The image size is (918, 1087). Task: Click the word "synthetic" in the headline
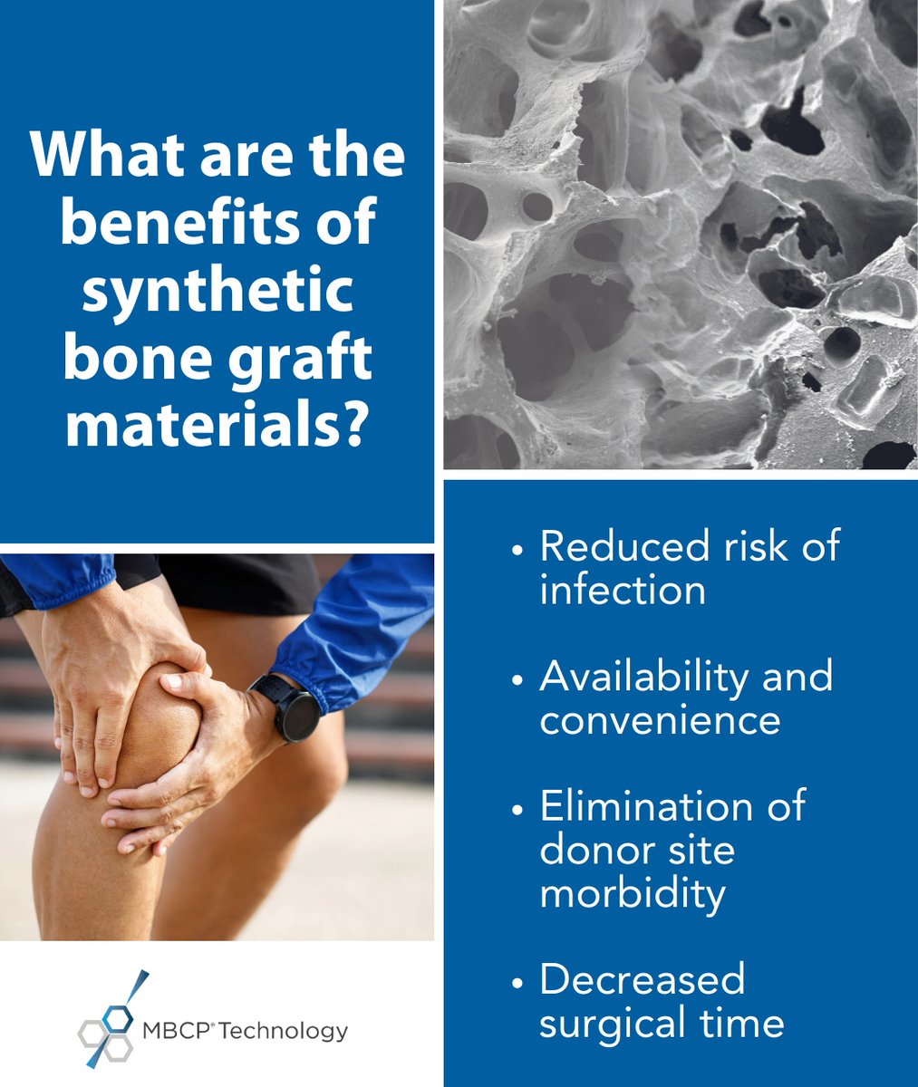(217, 291)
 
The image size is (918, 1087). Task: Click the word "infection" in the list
(623, 591)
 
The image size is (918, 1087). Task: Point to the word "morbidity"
(633, 893)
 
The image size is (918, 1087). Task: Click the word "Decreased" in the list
(642, 979)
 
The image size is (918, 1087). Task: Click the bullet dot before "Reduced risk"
(517, 550)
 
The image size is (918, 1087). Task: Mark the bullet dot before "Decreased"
(517, 982)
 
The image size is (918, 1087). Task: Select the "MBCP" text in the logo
(178, 1030)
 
